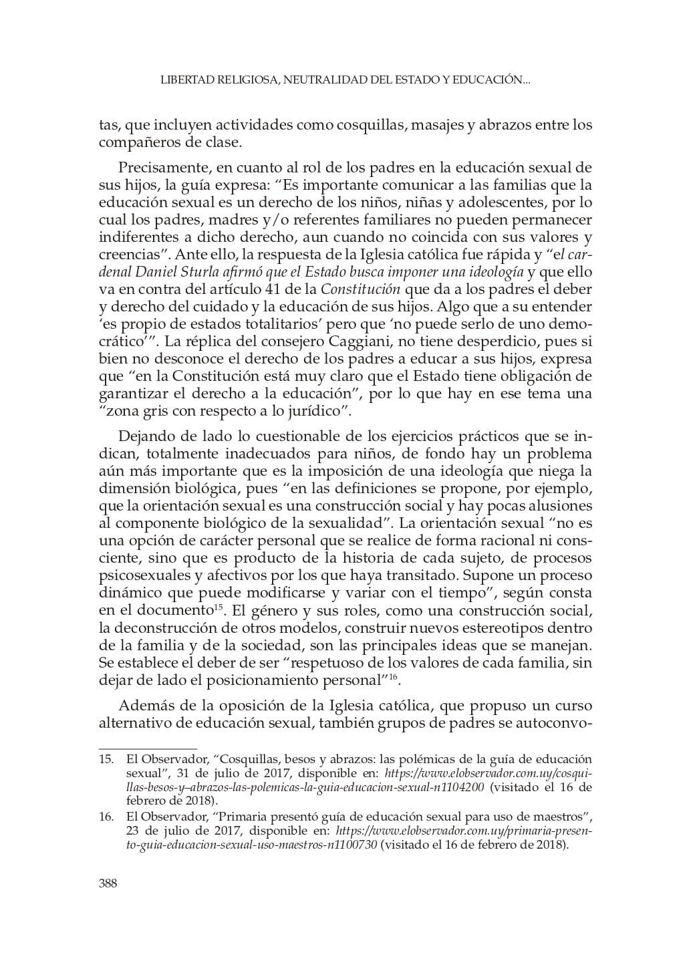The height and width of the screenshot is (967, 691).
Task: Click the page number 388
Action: pos(108,883)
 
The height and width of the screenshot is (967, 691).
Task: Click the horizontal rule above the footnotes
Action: pos(148,749)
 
